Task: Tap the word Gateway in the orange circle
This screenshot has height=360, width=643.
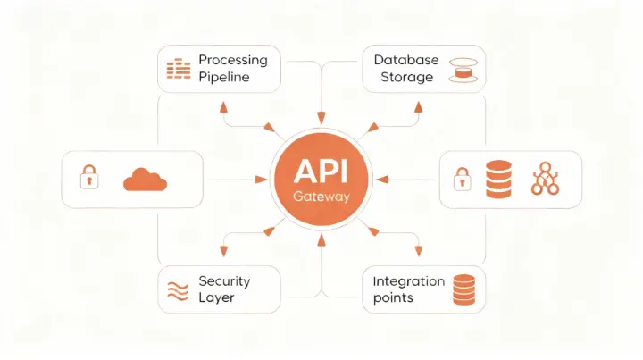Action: tap(321, 195)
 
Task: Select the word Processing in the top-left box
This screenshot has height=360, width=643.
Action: tap(232, 60)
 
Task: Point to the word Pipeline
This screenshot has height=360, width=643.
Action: tap(224, 77)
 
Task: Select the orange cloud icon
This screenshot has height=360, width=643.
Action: tap(146, 179)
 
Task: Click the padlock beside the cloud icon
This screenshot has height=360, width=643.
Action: tap(89, 178)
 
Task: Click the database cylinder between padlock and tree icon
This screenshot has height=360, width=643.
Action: tap(497, 179)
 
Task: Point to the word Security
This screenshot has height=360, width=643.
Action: tap(224, 280)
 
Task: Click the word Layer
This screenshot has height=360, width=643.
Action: tap(216, 297)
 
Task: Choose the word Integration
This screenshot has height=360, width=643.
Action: tap(408, 280)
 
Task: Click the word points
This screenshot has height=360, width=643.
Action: tap(393, 297)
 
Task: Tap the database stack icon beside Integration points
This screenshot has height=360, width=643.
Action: tap(463, 289)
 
